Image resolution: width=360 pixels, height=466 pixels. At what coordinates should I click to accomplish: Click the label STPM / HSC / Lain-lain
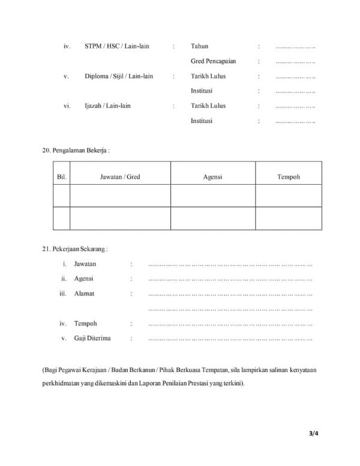pyautogui.click(x=117, y=46)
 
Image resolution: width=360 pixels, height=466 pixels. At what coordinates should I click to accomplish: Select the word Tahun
pyautogui.click(x=200, y=46)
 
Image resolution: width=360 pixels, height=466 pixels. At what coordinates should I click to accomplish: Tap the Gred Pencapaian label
pyautogui.click(x=213, y=61)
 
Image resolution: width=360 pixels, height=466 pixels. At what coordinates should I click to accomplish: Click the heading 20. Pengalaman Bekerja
pyautogui.click(x=76, y=149)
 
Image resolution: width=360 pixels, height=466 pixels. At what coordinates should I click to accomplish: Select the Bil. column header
pyautogui.click(x=61, y=177)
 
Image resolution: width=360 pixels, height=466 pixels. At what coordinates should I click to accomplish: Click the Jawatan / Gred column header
pyautogui.click(x=120, y=177)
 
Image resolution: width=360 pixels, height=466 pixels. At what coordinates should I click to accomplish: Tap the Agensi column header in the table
pyautogui.click(x=213, y=177)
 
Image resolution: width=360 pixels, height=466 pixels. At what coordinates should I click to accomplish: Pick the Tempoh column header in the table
pyautogui.click(x=289, y=177)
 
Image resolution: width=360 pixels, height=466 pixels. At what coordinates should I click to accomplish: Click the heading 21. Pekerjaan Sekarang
pyautogui.click(x=75, y=248)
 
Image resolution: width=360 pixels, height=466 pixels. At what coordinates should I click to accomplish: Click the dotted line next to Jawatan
pyautogui.click(x=230, y=264)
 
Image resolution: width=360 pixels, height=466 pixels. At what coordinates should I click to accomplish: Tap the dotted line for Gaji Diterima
pyautogui.click(x=230, y=339)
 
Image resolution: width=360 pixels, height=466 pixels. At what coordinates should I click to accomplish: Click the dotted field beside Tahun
pyautogui.click(x=295, y=47)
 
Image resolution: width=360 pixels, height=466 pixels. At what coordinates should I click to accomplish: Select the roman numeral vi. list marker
pyautogui.click(x=67, y=106)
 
